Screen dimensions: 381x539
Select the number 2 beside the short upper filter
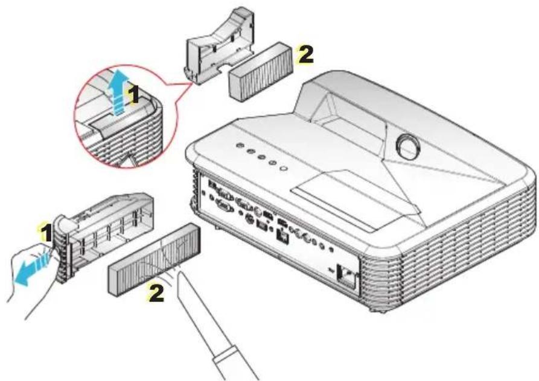(305, 55)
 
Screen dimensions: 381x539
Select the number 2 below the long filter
(156, 294)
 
